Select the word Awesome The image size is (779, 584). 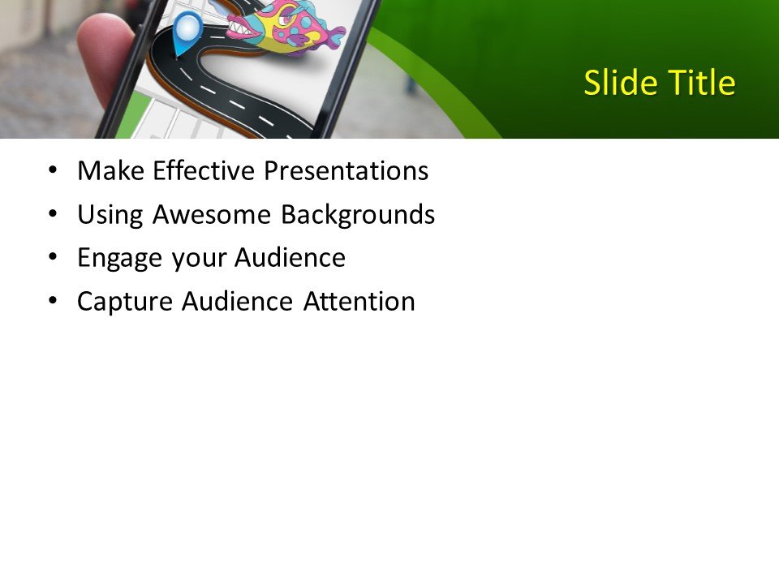point(212,215)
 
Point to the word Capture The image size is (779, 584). point(125,302)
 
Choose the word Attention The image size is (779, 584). point(359,302)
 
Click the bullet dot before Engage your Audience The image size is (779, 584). point(54,258)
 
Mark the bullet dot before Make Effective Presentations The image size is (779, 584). point(54,170)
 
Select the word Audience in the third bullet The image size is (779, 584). point(290,258)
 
